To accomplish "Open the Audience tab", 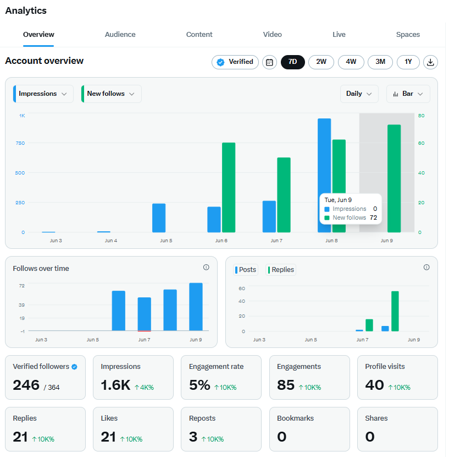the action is point(120,34).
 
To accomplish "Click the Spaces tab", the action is point(408,34).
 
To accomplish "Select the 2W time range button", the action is point(321,62).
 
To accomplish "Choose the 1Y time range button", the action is point(408,62).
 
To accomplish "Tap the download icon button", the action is point(430,62).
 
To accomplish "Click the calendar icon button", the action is point(269,62).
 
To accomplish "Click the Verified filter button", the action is point(235,62).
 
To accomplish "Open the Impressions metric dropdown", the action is point(43,94).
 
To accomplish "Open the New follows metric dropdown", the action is point(112,94).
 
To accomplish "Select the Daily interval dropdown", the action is point(359,94).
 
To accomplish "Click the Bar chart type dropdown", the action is point(408,94).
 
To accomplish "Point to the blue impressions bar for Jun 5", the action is point(159,217).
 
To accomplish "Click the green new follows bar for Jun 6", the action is point(229,187).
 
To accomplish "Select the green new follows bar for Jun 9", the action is point(394,178).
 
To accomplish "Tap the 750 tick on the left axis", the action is point(20,143).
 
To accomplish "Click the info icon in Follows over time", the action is point(206,267).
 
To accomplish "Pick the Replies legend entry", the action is point(281,270).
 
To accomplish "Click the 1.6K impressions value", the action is point(115,385).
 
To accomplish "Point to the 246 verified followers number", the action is point(26,385).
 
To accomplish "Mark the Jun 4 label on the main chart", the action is point(111,241).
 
